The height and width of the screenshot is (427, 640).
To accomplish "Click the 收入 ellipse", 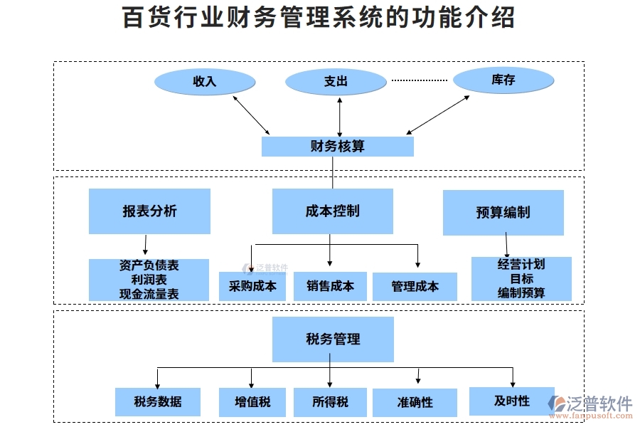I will tap(205, 81).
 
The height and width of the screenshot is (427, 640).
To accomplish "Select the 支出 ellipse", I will tap(336, 81).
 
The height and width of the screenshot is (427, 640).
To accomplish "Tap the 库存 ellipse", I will tap(503, 80).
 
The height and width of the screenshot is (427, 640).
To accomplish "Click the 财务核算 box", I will tap(338, 147).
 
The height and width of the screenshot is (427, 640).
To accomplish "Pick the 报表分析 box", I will tap(149, 211).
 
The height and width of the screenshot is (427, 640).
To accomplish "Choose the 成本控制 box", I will tap(332, 211).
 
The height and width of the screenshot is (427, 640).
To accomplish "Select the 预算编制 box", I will tap(503, 212).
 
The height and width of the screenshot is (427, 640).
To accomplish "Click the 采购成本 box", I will tap(252, 286).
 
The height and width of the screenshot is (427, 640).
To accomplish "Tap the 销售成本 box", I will tap(330, 286).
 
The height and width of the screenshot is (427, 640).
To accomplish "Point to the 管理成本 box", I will tap(415, 286).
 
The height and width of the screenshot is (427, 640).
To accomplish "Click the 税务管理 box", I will tap(333, 339).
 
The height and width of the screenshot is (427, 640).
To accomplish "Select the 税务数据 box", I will tap(158, 401).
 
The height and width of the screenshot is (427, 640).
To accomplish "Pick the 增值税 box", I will tap(252, 402).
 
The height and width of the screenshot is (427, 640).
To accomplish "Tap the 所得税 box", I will tap(330, 402).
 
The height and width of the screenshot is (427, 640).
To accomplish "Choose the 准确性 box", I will tap(415, 402).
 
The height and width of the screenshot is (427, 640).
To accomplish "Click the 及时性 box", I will tap(511, 401).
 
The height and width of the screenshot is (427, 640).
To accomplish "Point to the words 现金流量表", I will tap(149, 293).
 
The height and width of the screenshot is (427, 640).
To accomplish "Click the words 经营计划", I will tap(521, 264).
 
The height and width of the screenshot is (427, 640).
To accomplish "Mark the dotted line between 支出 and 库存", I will tap(420, 80).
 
